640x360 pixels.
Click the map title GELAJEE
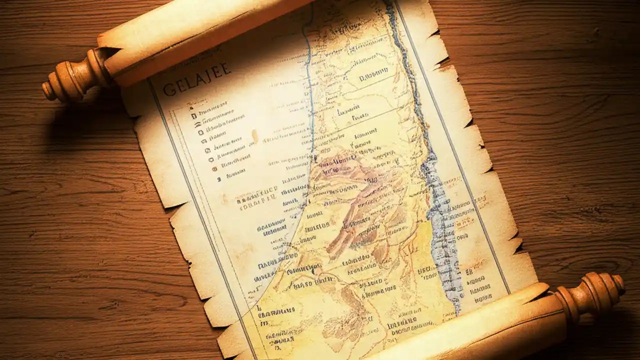[196, 80]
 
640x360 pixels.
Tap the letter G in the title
[170, 88]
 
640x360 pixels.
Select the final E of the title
[226, 68]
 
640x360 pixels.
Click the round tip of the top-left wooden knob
[48, 89]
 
